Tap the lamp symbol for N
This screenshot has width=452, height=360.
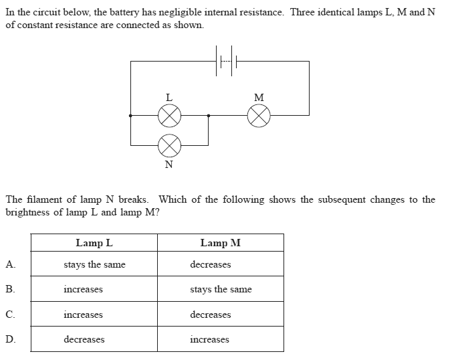click(169, 143)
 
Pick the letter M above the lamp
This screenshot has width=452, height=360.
click(259, 98)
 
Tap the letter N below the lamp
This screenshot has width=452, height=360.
click(168, 163)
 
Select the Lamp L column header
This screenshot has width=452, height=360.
click(94, 243)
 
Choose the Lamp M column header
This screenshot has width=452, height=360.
click(220, 243)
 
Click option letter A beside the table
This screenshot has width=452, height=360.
click(9, 264)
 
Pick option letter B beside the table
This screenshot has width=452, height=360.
click(9, 290)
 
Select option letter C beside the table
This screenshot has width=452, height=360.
click(9, 314)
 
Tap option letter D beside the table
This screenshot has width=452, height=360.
click(9, 339)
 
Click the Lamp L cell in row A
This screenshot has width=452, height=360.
click(94, 265)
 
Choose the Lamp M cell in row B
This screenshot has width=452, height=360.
click(221, 290)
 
